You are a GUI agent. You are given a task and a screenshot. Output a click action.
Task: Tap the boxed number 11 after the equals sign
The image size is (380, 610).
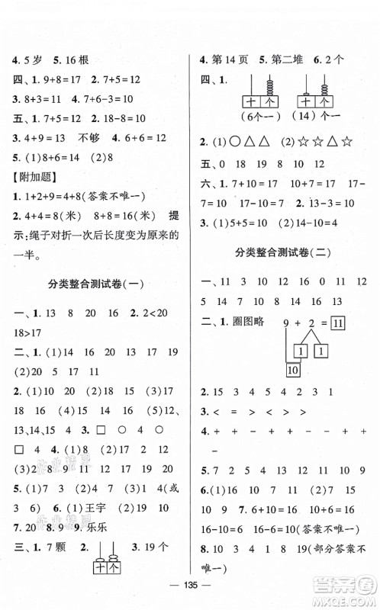(x=340, y=323)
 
